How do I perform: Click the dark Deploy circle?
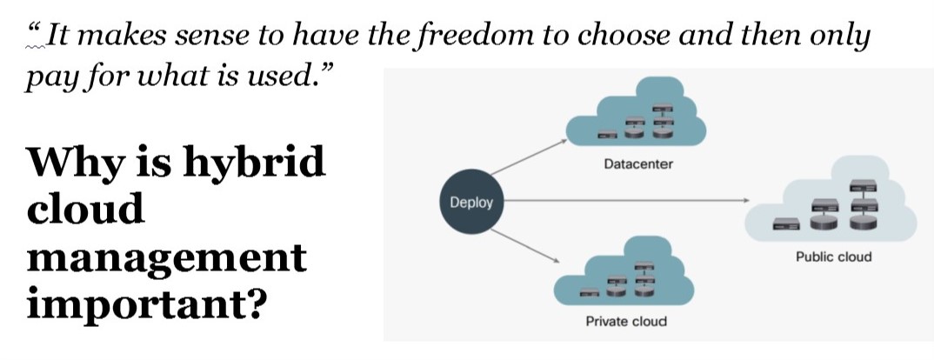click(x=470, y=203)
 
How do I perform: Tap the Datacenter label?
click(x=637, y=164)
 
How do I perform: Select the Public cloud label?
click(x=833, y=257)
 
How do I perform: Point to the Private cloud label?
click(x=626, y=321)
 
